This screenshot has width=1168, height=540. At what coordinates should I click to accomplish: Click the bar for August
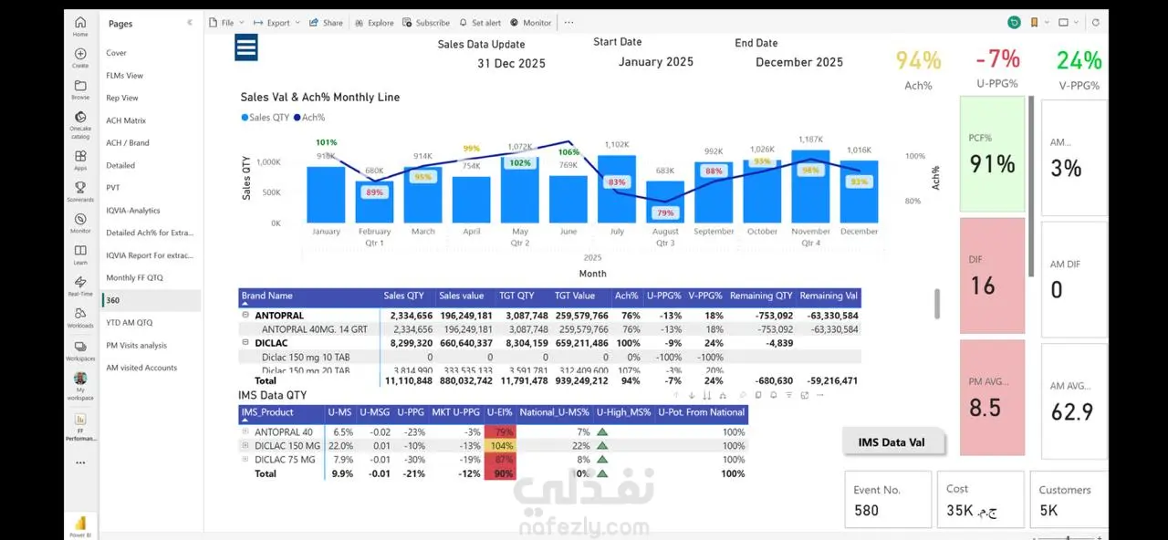point(665,202)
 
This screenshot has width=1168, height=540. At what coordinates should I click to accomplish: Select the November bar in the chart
point(810,187)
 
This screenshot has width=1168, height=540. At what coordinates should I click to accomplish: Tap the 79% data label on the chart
point(665,213)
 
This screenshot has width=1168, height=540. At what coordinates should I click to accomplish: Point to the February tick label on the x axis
point(374,232)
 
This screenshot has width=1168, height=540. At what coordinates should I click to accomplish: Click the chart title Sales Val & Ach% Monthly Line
point(319,98)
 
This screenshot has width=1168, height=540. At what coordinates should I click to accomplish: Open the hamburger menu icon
point(246,47)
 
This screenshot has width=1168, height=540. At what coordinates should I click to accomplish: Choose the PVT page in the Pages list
point(113,188)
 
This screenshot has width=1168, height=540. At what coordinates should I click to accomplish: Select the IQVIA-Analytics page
point(133,211)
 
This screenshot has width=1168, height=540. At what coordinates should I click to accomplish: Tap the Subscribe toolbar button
point(426,23)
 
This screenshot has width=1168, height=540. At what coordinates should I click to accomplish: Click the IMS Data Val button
point(892,442)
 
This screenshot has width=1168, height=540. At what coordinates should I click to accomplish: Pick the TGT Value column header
point(575,296)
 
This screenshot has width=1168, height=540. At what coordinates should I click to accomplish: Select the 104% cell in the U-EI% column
point(501,446)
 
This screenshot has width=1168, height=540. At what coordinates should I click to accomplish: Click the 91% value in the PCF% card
point(992,164)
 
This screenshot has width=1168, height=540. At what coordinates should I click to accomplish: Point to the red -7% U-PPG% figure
point(997,60)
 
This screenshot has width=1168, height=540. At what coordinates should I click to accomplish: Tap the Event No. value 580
point(866,511)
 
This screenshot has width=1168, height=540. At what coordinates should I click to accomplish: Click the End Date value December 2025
point(799,63)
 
